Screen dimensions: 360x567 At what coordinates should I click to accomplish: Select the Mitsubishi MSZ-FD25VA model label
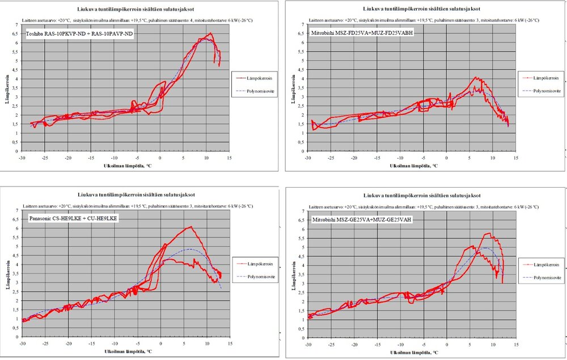[363, 33]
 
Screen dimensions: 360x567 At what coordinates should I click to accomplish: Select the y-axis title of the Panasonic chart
[9, 273]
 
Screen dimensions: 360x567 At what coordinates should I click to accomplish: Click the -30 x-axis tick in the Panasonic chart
[23, 344]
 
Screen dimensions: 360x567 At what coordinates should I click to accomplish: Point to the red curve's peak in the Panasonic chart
[191, 227]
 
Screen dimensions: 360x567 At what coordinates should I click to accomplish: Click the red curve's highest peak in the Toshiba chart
[210, 33]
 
